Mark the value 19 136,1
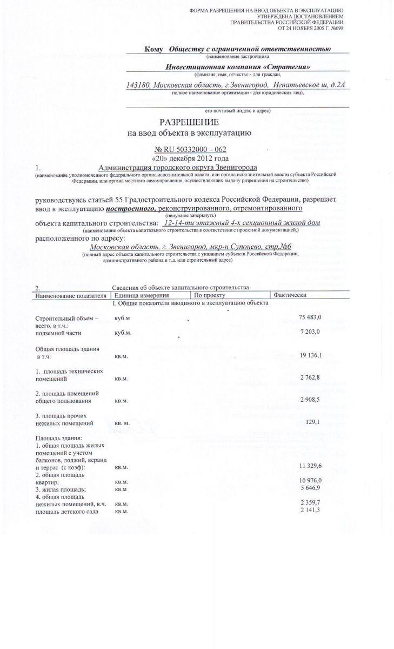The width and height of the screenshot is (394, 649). coord(310,355)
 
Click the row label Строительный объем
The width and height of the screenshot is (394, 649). coord(65,319)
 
